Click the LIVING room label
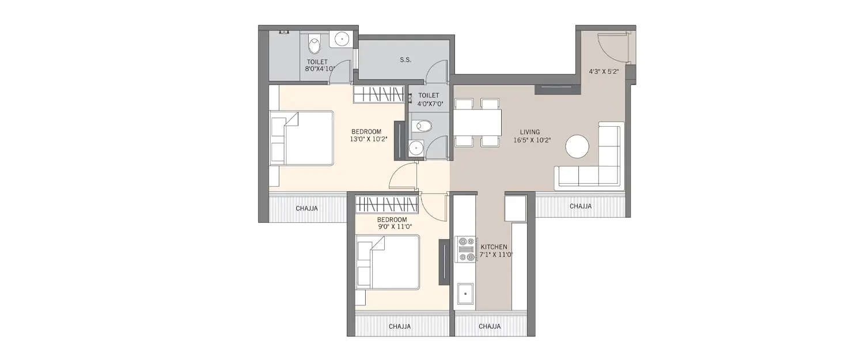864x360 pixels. (529, 132)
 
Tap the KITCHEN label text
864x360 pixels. (494, 247)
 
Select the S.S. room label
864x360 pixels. (406, 60)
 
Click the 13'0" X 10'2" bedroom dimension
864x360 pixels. (366, 139)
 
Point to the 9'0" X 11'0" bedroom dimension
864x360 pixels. (392, 227)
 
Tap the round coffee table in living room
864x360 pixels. (577, 146)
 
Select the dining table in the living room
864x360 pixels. (477, 122)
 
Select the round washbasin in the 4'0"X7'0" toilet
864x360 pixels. (416, 149)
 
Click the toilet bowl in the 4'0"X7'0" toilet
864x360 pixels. (423, 125)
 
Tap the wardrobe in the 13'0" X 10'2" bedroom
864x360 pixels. (378, 94)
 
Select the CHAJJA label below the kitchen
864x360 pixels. (490, 326)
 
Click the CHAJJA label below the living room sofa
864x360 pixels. (580, 206)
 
